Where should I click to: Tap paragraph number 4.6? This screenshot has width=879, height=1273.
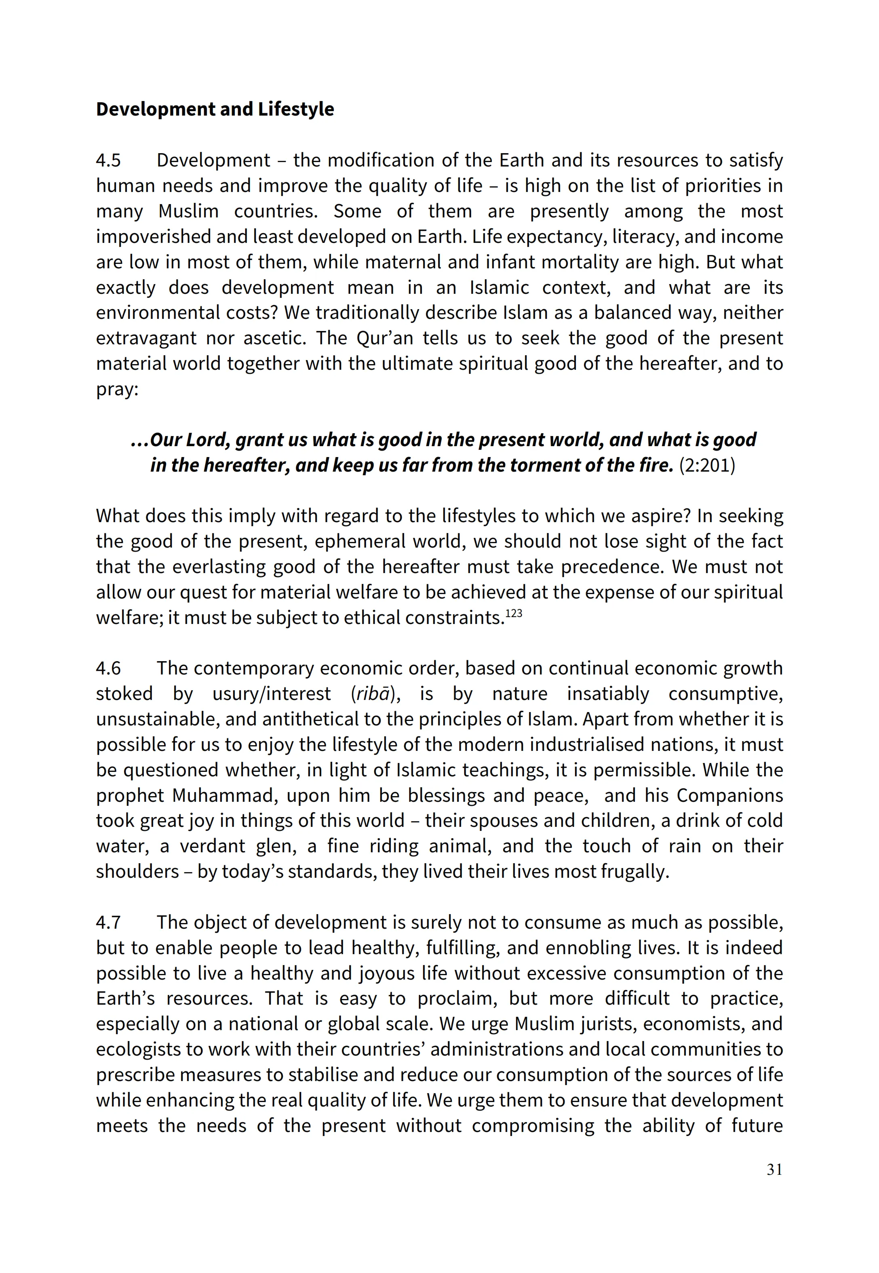[108, 668]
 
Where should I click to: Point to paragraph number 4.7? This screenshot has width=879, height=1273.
[108, 922]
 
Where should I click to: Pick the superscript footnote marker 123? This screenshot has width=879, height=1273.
[513, 613]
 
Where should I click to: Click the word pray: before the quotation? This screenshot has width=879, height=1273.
[117, 389]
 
